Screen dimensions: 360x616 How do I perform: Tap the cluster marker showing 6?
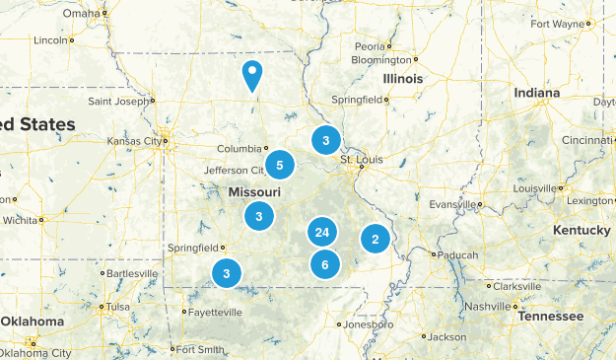pos(324,264)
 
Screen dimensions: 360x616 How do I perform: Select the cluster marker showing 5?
pos(280,165)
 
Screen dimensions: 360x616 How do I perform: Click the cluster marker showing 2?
pos(374,238)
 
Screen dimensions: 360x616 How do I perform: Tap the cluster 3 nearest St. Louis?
pos(325,140)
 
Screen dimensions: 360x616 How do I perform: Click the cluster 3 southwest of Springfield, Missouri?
pos(227,273)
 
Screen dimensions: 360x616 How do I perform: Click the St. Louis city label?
pos(359,159)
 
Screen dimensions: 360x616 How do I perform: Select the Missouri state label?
pos(255,191)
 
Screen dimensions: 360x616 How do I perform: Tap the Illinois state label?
pos(403,78)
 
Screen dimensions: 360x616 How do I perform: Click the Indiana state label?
pos(536,93)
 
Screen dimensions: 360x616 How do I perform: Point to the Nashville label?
pos(488,307)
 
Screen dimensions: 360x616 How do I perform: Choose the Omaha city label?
pos(82,14)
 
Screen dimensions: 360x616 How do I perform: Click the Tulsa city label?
pos(118,306)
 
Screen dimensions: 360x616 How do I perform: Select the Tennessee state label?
pos(550,317)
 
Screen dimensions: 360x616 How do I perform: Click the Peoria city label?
pos(371,46)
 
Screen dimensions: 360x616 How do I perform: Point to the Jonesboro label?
pos(370,324)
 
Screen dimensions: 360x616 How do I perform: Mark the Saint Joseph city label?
pos(118,101)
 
